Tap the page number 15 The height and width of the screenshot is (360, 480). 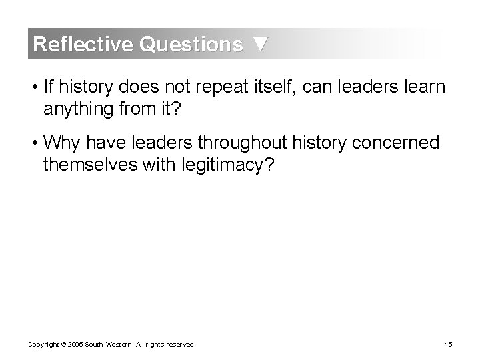coord(448,345)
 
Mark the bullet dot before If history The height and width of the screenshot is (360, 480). coord(33,87)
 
